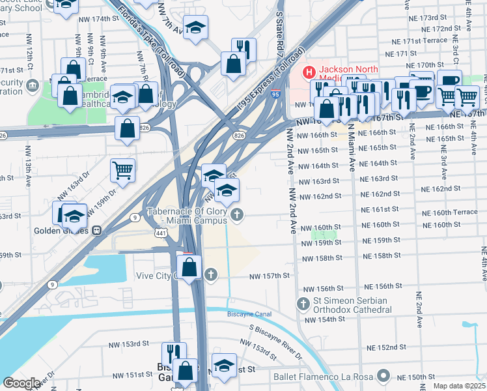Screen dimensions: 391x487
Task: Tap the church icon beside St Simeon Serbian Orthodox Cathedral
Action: pos(303,304)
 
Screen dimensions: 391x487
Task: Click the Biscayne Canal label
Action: pos(247,314)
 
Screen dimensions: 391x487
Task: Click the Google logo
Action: pos(21,383)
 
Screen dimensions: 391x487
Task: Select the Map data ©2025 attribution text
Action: pos(459,386)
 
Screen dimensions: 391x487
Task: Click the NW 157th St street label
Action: pos(269,276)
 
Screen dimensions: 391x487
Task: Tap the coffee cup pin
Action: pos(421,91)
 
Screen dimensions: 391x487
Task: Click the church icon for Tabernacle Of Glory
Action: pos(238,214)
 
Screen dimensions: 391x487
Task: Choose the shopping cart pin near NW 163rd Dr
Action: pos(122,171)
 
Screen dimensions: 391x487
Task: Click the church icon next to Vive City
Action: pos(210,274)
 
